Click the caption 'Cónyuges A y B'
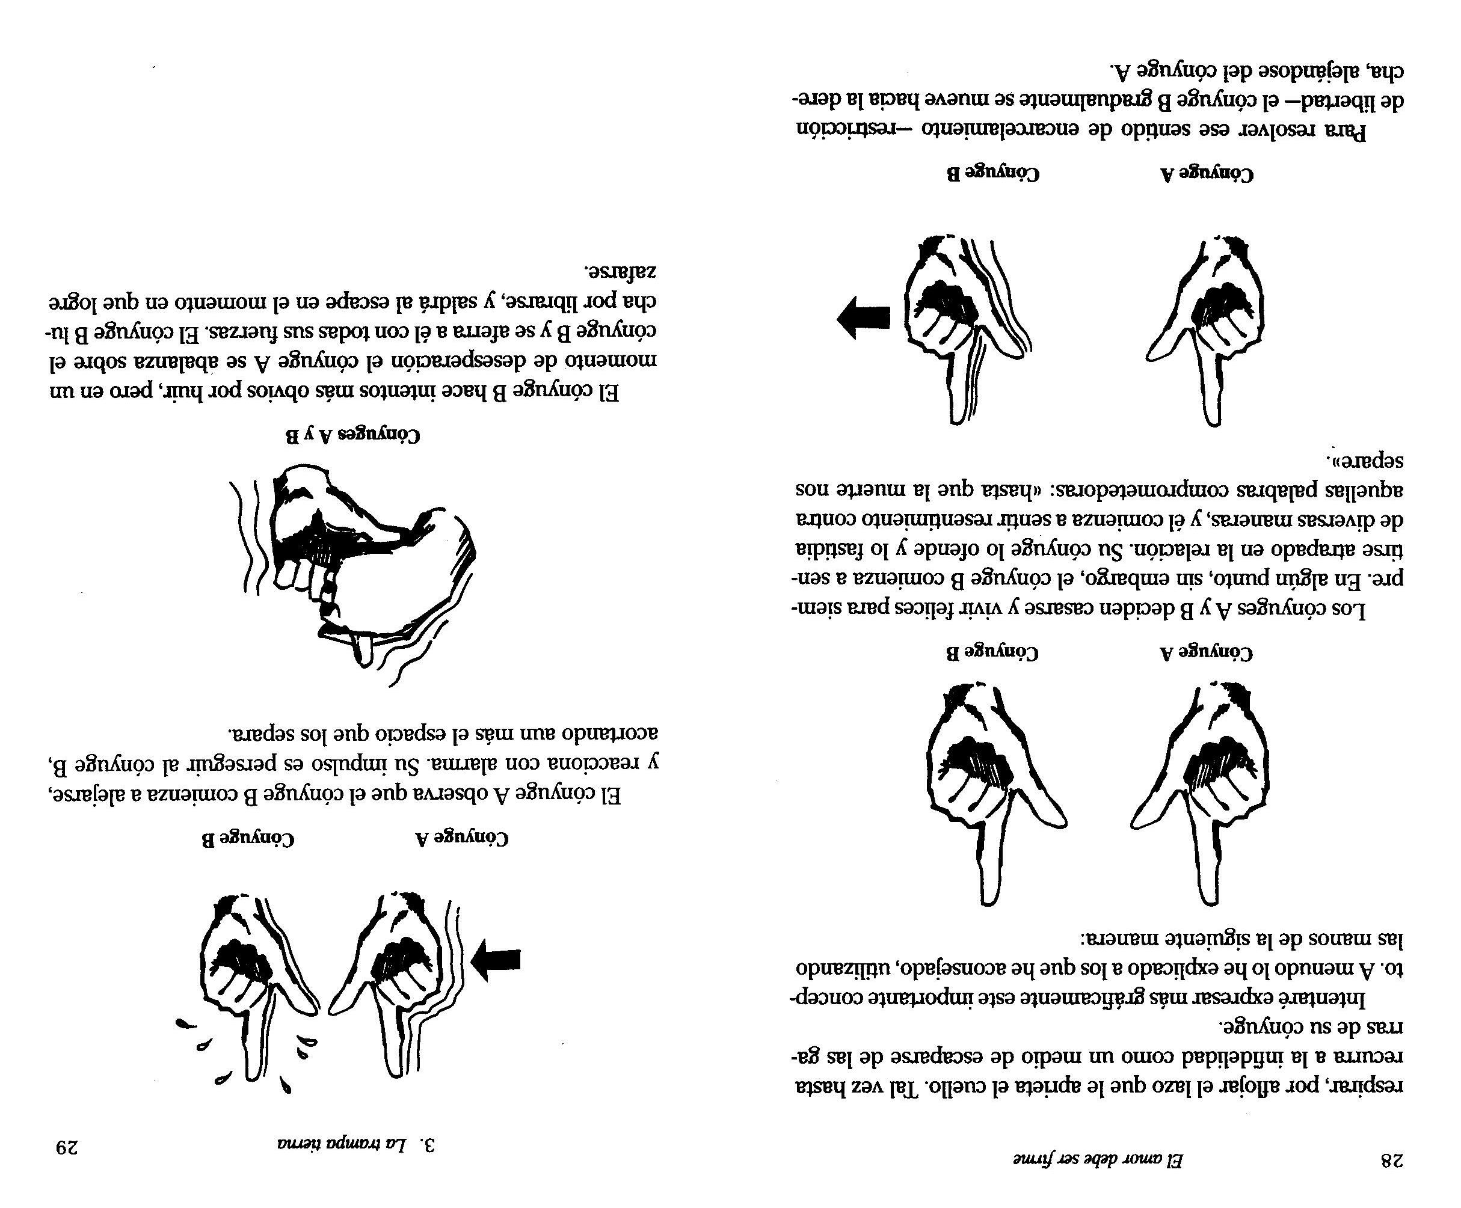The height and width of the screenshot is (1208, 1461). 354,436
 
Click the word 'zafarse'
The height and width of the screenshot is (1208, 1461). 619,270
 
